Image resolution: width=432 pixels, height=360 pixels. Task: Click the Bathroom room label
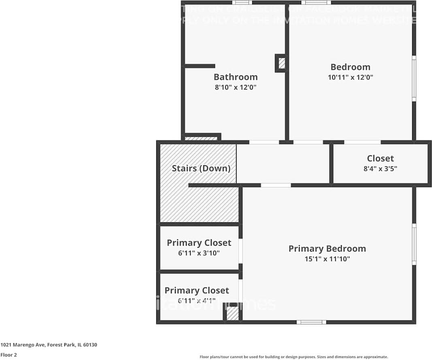236,77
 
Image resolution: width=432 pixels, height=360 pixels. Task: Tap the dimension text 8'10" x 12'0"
236,87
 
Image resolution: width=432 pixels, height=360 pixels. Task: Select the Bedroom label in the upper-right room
350,67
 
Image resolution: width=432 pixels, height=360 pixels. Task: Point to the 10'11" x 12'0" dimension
350,77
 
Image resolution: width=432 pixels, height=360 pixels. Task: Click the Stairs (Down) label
201,168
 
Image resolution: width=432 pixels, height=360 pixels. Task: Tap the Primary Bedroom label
327,249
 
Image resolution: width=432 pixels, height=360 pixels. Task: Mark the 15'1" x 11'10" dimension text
327,259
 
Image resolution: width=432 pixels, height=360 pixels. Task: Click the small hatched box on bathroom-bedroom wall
281,63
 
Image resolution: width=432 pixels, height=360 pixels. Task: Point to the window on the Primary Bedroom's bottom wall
311,322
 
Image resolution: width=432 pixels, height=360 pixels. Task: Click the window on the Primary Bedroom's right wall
414,244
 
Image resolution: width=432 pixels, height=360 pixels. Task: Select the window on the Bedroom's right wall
414,78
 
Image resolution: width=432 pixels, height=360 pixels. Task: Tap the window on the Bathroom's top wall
242,2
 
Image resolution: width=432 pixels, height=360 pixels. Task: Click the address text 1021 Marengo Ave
49,345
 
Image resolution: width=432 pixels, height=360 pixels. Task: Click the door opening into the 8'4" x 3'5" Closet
362,142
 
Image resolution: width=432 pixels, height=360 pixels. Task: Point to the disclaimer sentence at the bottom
294,357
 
